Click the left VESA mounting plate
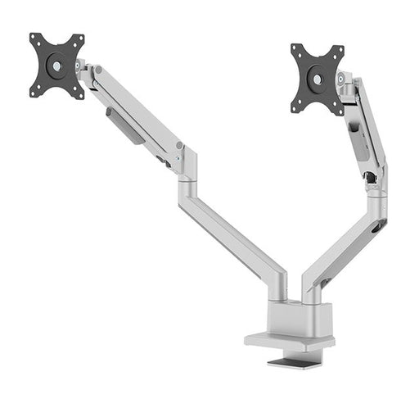point(57,66)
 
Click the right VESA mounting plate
point(318,79)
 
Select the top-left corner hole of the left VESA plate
point(35,39)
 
